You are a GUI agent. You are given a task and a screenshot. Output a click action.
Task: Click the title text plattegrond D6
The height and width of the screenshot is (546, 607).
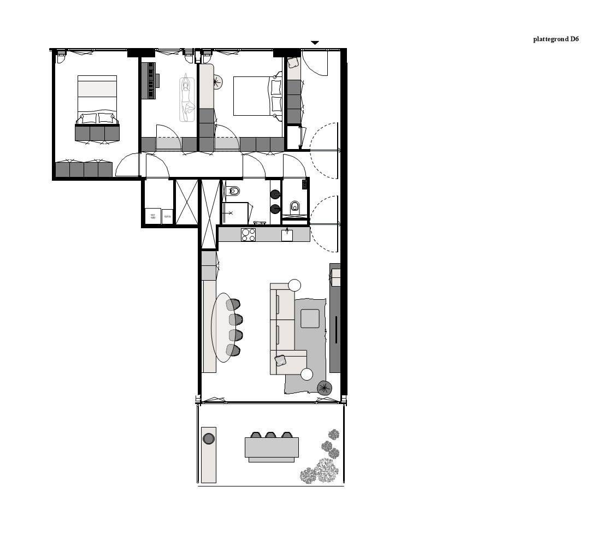(556, 39)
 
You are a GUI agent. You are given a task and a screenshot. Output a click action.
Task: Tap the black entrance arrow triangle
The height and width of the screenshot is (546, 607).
(315, 43)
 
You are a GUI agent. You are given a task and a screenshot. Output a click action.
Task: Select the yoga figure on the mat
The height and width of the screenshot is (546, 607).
(187, 98)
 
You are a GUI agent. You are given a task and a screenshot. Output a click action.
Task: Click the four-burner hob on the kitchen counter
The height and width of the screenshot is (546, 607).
(248, 234)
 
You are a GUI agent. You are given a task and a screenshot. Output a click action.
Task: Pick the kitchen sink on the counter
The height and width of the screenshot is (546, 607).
(287, 235)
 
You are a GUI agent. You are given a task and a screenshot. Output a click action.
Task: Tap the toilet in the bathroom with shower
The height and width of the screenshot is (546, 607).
(234, 191)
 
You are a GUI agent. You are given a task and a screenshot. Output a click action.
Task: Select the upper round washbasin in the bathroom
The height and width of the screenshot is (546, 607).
(275, 194)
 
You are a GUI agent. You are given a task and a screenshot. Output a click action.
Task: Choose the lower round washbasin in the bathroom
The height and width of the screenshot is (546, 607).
(275, 208)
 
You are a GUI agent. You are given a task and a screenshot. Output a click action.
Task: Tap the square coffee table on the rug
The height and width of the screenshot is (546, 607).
(310, 318)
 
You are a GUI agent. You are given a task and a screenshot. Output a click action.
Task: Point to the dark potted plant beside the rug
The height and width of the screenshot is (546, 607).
(325, 388)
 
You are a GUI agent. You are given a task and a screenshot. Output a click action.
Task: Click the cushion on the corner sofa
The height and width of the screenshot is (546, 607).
(281, 360)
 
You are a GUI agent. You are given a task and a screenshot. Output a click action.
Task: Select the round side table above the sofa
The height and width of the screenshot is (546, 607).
(294, 285)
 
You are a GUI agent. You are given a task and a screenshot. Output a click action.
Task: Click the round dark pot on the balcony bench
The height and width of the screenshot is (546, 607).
(208, 438)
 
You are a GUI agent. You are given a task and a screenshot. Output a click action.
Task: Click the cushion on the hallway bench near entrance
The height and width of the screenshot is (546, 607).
(293, 62)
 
